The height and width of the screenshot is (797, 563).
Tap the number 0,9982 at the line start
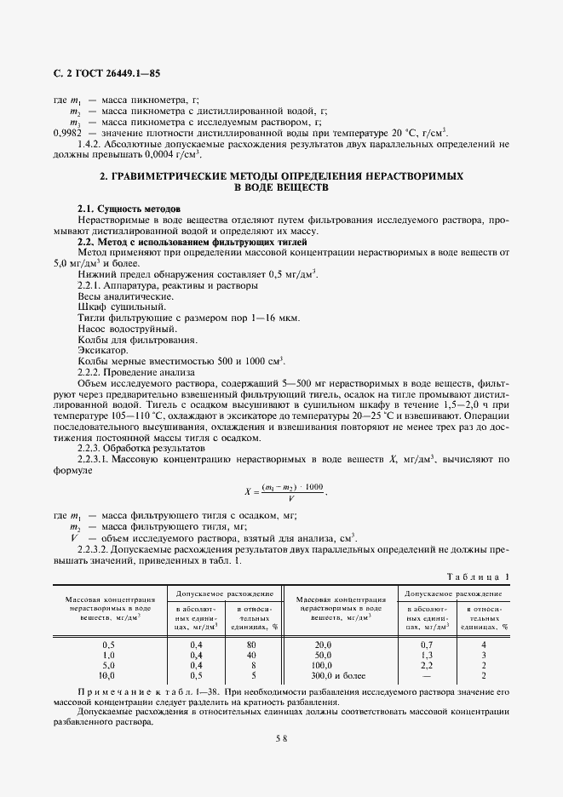click(x=67, y=132)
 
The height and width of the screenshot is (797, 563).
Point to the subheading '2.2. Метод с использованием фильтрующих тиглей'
click(x=192, y=243)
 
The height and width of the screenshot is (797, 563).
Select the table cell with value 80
click(x=242, y=645)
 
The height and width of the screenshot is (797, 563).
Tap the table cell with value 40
click(x=242, y=656)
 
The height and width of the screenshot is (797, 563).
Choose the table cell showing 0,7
click(x=428, y=645)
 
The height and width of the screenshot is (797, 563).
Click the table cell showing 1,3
click(x=428, y=656)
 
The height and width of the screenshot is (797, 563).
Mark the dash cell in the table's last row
click(x=428, y=676)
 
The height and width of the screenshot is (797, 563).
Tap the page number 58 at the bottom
click(x=281, y=739)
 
